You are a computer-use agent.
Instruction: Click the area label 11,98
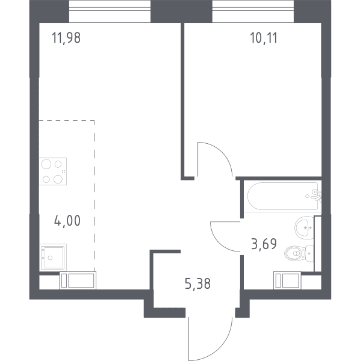pyautogui.click(x=66, y=38)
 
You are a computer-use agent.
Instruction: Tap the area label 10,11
pyautogui.click(x=264, y=38)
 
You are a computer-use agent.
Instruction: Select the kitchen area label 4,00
pyautogui.click(x=67, y=221)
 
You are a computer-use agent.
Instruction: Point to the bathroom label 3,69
pyautogui.click(x=264, y=244)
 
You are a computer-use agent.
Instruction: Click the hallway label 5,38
pyautogui.click(x=197, y=283)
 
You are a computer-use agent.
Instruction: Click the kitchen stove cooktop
pyautogui.click(x=53, y=171)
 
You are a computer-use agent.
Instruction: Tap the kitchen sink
pyautogui.click(x=53, y=257)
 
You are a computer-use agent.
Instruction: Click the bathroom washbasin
pyautogui.click(x=304, y=227)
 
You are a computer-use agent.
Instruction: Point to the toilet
pyautogui.click(x=299, y=253)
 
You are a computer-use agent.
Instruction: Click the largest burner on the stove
pyautogui.click(x=46, y=164)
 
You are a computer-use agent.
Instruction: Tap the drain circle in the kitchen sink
pyautogui.click(x=50, y=258)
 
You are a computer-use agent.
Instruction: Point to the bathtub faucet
pyautogui.click(x=316, y=196)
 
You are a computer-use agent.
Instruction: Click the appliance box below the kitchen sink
pyautogui.click(x=78, y=280)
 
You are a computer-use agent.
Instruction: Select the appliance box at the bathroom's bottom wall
pyautogui.click(x=287, y=280)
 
